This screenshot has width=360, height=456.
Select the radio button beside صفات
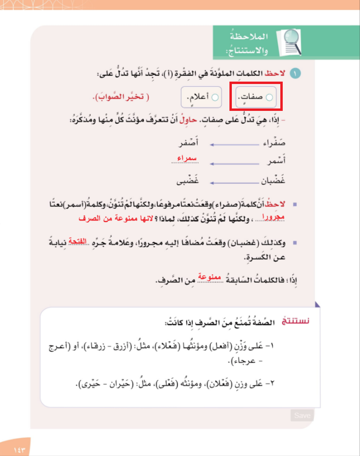click(x=269, y=97)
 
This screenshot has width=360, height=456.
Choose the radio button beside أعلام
click(x=215, y=97)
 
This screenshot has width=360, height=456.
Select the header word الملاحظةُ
click(x=249, y=37)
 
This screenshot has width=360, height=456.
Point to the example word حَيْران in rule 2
click(x=126, y=384)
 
